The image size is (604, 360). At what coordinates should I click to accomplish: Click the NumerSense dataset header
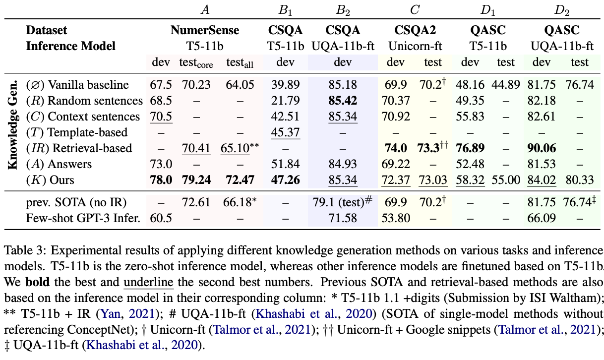pyautogui.click(x=205, y=30)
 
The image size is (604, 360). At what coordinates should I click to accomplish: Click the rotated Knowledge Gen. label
pyautogui.click(x=14, y=124)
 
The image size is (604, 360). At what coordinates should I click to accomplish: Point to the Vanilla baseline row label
pyautogui.click(x=77, y=85)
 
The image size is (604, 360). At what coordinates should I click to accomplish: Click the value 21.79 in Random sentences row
pyautogui.click(x=282, y=101)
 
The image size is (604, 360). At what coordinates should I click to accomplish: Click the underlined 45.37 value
pyautogui.click(x=282, y=132)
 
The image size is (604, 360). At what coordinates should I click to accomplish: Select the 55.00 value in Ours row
pyautogui.click(x=506, y=180)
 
